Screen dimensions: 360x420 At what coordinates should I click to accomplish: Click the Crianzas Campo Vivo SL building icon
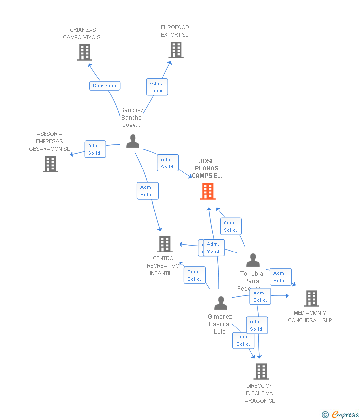[x=85, y=52]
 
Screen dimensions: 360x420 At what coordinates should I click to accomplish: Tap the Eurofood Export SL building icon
[x=176, y=50]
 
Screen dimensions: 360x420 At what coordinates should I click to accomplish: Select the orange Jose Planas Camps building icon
[x=208, y=191]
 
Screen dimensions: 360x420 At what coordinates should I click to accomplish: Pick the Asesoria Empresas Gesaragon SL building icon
[x=50, y=164]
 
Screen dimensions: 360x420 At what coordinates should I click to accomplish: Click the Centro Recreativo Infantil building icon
[x=165, y=244]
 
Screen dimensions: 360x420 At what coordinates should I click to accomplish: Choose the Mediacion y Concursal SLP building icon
[x=312, y=298]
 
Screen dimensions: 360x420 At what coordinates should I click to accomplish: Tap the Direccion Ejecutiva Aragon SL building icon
[x=261, y=372]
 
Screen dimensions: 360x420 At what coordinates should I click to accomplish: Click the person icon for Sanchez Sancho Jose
[x=133, y=141]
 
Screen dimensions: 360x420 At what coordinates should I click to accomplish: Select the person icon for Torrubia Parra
[x=253, y=260]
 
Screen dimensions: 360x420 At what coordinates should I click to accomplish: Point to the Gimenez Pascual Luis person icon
[x=221, y=303]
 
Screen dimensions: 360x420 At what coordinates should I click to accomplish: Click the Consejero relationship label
[x=104, y=86]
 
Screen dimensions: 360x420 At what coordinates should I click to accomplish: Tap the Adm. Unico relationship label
[x=157, y=87]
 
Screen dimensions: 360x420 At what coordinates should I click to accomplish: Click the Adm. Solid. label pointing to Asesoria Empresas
[x=95, y=149]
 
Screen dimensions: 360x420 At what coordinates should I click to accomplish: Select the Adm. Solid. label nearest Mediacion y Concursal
[x=280, y=277]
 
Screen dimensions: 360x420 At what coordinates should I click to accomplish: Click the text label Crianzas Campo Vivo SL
[x=83, y=34]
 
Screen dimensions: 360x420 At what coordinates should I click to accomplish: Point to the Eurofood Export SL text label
[x=175, y=31]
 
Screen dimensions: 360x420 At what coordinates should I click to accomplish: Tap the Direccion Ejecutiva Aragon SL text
[x=260, y=393]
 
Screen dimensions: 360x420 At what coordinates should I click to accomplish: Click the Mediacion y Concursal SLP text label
[x=310, y=316]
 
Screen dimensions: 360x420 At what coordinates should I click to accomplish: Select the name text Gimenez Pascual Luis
[x=220, y=324]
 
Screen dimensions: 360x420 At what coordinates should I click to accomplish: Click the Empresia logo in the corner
[x=341, y=414]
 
